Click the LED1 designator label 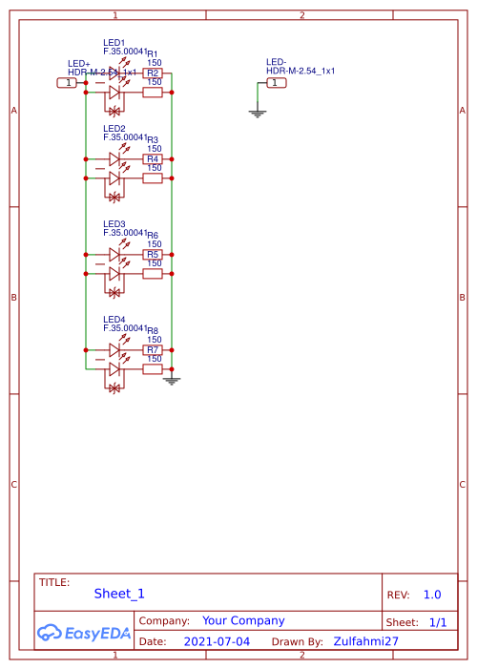pos(114,43)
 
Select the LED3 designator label pos(114,224)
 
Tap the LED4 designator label pos(114,320)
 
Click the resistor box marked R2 pos(153,73)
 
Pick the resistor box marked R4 pos(153,159)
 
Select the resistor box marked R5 pos(153,255)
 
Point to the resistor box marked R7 pos(153,350)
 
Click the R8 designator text pos(153,330)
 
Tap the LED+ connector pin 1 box pos(68,83)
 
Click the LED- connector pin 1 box pos(276,83)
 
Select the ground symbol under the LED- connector pos(257,113)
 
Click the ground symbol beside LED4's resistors pos(172,381)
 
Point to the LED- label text pos(277,62)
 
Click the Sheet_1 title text pos(119,594)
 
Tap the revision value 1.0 pos(432,595)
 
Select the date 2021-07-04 pos(217,642)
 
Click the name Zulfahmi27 pos(366,642)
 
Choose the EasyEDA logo pos(84,633)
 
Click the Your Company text pos(243,620)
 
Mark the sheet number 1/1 pos(438,622)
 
